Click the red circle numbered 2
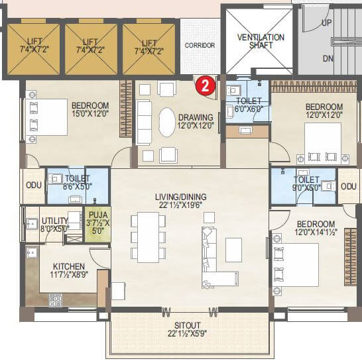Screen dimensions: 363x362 206,85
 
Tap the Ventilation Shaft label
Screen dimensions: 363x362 261,42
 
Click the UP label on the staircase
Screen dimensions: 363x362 327,23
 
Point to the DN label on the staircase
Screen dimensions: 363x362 327,58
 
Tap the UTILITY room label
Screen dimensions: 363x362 54,221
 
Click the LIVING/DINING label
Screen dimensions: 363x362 180,197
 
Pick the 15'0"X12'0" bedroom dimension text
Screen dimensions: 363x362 90,114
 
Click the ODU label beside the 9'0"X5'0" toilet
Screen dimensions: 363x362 349,187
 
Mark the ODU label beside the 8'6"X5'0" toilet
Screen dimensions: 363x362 32,187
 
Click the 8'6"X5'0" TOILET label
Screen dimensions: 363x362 77,179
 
